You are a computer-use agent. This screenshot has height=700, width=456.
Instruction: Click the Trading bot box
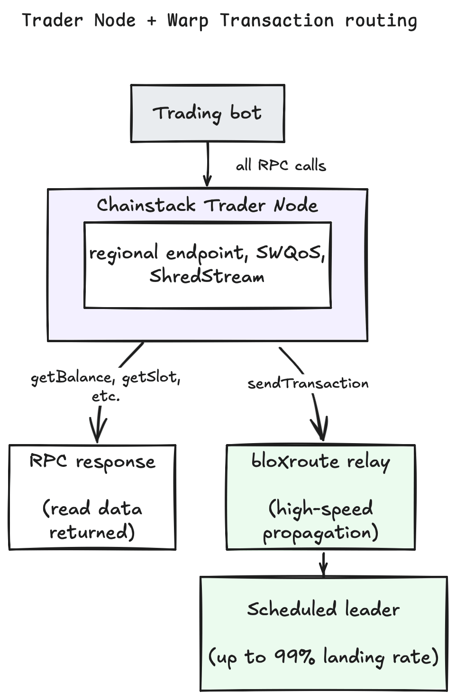point(208,114)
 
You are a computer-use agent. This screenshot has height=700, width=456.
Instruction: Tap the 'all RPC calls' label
point(281,165)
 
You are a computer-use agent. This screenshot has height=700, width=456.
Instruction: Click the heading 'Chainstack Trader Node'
point(207,205)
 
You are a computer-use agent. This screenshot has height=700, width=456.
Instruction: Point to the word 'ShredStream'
point(207,276)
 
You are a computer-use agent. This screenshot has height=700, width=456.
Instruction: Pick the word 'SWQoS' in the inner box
point(290,253)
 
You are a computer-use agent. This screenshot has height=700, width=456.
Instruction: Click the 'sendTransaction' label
point(308,383)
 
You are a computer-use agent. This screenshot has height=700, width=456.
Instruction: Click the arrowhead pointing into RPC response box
point(98,433)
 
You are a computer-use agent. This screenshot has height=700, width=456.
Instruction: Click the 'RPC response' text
point(92,462)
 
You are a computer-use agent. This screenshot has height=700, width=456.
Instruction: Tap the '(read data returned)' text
point(92,520)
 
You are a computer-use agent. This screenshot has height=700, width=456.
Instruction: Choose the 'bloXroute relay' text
point(321,461)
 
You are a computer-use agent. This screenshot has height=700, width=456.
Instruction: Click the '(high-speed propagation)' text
point(321,520)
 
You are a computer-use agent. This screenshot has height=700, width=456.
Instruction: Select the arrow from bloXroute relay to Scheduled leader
point(324,564)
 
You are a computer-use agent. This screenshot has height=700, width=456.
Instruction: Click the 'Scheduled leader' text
point(323,609)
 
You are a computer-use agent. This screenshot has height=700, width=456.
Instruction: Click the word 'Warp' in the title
point(188,21)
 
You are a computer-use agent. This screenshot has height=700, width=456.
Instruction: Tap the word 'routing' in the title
point(381,21)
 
